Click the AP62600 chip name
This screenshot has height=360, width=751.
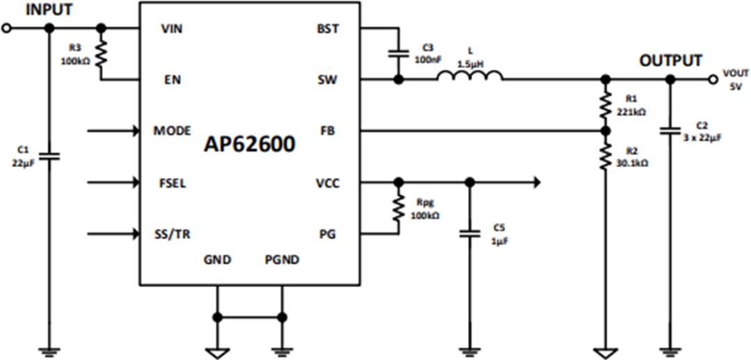(249, 144)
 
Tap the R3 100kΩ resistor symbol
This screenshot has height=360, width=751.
(101, 54)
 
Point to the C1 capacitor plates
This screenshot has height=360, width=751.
(49, 158)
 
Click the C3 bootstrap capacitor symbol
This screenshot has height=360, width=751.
(398, 53)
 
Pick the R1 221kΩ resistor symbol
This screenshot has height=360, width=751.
(606, 104)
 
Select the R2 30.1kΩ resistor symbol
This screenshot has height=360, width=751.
(606, 156)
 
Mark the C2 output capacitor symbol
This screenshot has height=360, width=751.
(670, 131)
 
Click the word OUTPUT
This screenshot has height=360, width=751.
(670, 61)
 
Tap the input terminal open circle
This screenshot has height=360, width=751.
(7, 28)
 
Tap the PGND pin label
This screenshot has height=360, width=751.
(282, 260)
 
